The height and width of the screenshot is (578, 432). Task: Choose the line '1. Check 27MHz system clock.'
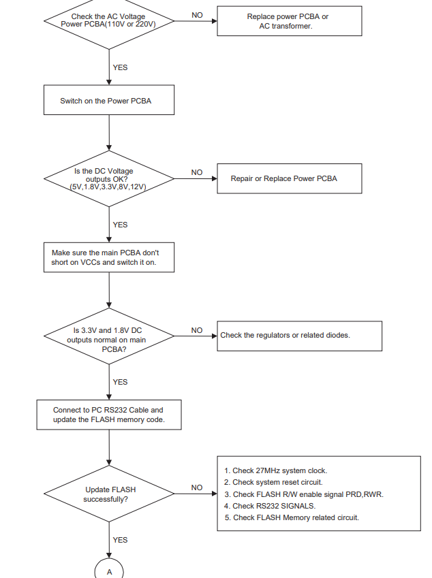275,470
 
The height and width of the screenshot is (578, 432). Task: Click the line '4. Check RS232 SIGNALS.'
270,506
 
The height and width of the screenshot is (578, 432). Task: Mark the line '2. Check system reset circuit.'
273,483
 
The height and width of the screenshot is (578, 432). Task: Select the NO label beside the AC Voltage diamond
197,15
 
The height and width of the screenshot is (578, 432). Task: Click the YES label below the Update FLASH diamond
121,540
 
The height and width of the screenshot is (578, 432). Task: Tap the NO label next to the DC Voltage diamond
197,172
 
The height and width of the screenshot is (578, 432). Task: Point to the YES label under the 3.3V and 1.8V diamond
121,382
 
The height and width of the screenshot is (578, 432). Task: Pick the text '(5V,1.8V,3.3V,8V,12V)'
108,187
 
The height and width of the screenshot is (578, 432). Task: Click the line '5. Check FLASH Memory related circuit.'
292,518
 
